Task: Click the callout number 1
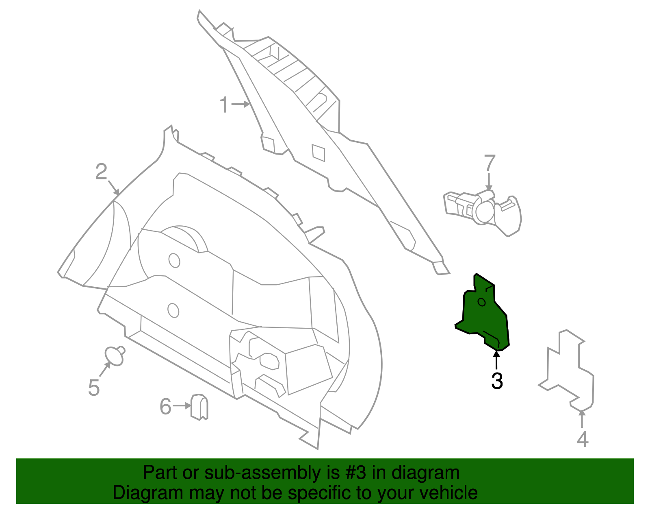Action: point(224,105)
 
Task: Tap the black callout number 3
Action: point(497,381)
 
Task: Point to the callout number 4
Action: point(583,439)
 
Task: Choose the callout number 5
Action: point(94,388)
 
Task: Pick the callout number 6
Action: point(165,406)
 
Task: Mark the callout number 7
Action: point(490,163)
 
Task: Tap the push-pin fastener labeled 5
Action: point(115,355)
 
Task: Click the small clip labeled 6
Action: point(199,407)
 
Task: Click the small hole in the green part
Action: point(481,302)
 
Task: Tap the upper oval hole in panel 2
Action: point(174,260)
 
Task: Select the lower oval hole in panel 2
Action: point(173,310)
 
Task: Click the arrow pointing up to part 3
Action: point(496,360)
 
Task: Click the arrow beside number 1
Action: point(241,105)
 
